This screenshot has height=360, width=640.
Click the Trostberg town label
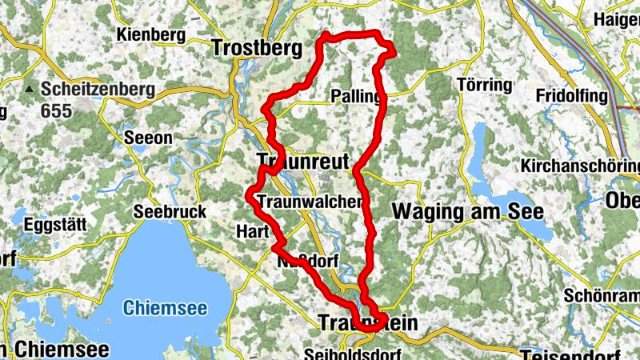tap(257, 48)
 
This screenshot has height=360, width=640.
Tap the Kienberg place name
tap(150, 35)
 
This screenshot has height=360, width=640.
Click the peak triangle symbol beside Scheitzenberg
tap(32, 88)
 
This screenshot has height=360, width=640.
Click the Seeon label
tap(148, 138)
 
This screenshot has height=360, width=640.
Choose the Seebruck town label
tap(170, 212)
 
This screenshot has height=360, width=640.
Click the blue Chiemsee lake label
tap(165, 308)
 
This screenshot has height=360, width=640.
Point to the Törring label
tap(483, 85)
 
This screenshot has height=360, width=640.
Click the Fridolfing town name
tap(573, 96)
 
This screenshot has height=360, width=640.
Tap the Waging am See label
tap(467, 212)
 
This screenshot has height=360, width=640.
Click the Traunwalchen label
tap(310, 202)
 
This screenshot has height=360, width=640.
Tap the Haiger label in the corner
tap(616, 19)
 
